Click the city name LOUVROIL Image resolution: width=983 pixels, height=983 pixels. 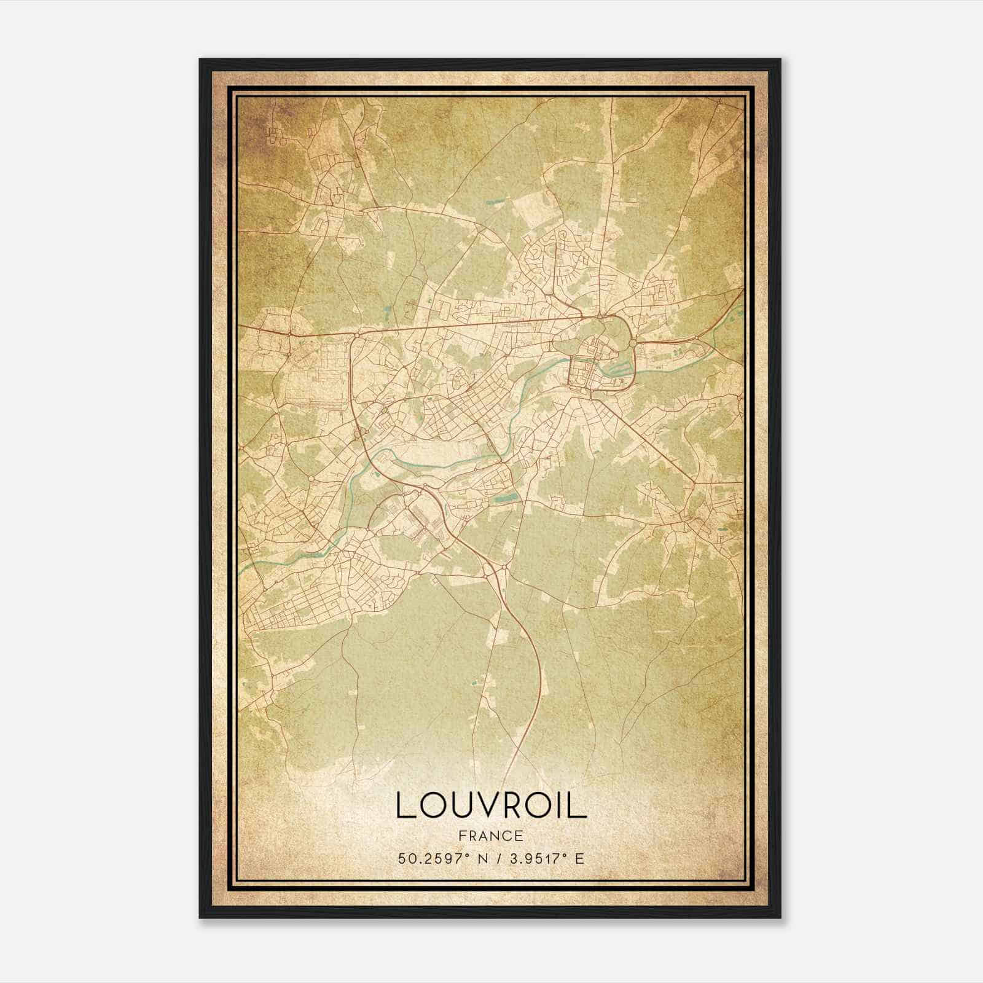click(x=491, y=805)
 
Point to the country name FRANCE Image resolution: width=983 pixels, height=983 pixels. click(x=491, y=836)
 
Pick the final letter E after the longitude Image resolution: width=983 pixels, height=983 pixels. click(x=579, y=858)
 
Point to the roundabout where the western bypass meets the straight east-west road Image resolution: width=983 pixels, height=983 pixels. click(x=357, y=334)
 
